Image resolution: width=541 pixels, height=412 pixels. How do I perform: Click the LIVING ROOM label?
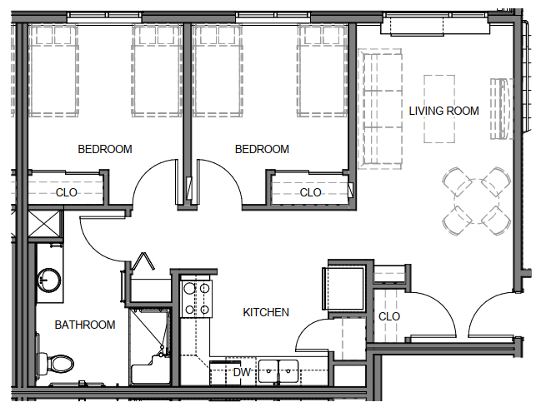(443, 111)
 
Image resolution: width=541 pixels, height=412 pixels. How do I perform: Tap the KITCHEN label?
(266, 312)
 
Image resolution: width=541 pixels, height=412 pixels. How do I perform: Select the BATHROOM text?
(85, 325)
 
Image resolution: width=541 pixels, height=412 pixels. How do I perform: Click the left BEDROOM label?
(105, 149)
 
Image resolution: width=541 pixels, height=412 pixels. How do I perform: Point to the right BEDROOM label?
(262, 149)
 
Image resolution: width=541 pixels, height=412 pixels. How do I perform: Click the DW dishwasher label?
(242, 372)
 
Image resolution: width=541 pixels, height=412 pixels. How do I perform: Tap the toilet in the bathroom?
(55, 364)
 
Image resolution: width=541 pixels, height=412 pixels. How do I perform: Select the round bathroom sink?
(49, 280)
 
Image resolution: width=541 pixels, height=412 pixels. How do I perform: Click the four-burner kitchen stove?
(197, 299)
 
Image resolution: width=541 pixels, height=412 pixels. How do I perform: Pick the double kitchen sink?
(278, 371)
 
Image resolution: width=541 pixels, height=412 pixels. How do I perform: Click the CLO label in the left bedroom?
(66, 192)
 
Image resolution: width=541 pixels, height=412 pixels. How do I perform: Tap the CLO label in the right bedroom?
(311, 192)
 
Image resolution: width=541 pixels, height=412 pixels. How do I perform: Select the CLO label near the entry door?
(389, 316)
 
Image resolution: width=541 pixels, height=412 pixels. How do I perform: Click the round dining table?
(477, 201)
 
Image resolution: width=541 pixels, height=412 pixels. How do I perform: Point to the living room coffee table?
(439, 109)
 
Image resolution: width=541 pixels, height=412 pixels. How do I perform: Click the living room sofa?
(380, 109)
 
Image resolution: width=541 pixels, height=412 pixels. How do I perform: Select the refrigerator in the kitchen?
(343, 288)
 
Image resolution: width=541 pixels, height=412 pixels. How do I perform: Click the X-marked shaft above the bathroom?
(44, 224)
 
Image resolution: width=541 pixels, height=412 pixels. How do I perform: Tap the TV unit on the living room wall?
(501, 109)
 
